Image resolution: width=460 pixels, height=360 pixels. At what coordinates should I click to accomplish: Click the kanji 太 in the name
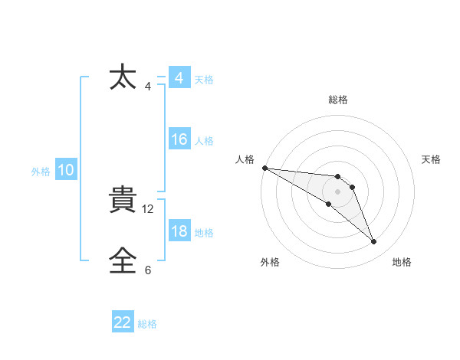(x=124, y=78)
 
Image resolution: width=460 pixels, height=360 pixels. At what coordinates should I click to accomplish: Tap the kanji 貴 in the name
(x=124, y=201)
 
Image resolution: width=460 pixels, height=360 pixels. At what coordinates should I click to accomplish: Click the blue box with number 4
(x=179, y=78)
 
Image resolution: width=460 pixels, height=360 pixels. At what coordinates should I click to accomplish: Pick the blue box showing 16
(x=179, y=140)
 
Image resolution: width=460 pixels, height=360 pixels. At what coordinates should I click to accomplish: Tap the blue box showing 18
(x=179, y=232)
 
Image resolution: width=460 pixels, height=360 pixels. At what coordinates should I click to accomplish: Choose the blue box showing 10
(x=66, y=171)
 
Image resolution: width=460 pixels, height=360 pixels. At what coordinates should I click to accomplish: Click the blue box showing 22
(x=123, y=323)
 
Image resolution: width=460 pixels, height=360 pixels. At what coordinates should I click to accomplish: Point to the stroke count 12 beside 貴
(x=149, y=208)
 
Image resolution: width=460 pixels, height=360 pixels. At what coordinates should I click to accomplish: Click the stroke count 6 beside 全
(x=148, y=270)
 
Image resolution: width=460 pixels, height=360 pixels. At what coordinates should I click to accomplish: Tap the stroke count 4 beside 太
(x=148, y=86)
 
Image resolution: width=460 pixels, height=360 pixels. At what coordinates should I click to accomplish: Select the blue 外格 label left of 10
(x=41, y=172)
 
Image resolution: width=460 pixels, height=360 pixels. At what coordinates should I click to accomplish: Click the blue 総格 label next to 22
(x=147, y=324)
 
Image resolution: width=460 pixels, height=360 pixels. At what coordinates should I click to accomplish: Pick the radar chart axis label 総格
(x=338, y=100)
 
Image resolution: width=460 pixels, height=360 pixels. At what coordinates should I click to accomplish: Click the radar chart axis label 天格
(x=432, y=159)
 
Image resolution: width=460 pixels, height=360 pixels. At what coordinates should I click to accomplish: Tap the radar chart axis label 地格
(x=402, y=262)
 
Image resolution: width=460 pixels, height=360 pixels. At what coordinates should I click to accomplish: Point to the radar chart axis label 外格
(x=270, y=262)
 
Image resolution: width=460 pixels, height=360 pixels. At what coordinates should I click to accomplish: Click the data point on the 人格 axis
(x=264, y=167)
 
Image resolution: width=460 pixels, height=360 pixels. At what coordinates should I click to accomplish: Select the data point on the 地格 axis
(x=374, y=242)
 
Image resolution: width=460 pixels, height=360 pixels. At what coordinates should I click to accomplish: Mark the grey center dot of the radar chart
(x=338, y=191)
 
